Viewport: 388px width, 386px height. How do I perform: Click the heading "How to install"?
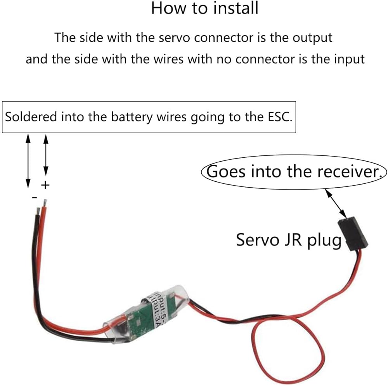204,9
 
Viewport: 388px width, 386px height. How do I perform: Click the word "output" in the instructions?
313,38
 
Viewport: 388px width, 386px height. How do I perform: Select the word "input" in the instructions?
348,59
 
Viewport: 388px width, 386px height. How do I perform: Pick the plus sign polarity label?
46,185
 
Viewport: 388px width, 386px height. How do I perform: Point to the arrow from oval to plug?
336,203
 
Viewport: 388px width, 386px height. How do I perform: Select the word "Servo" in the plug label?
256,240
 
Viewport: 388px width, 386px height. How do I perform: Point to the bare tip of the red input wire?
46,203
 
